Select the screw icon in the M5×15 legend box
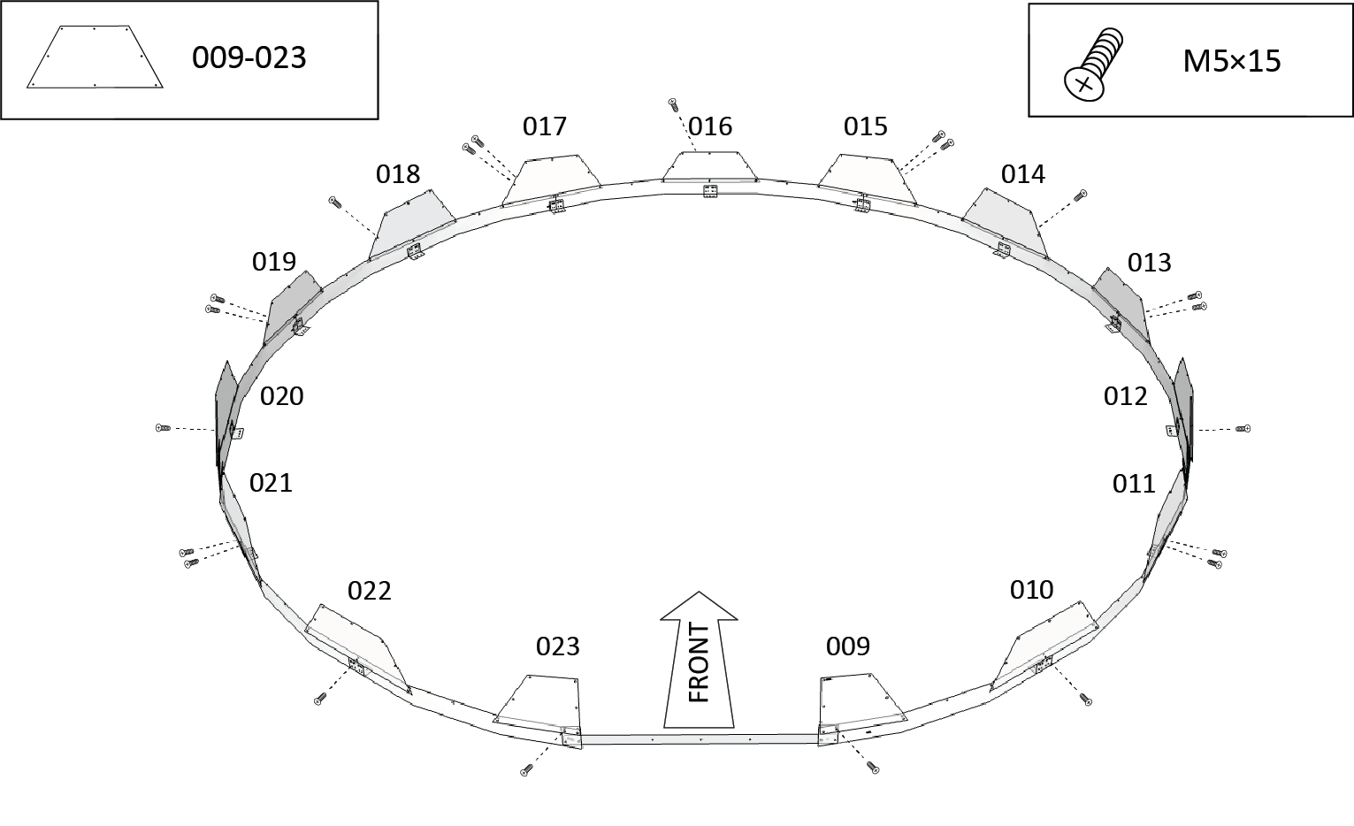point(1093,64)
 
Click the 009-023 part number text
point(249,58)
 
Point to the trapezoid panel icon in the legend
point(95,57)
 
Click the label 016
point(710,126)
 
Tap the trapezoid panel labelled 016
point(709,166)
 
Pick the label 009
point(848,646)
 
